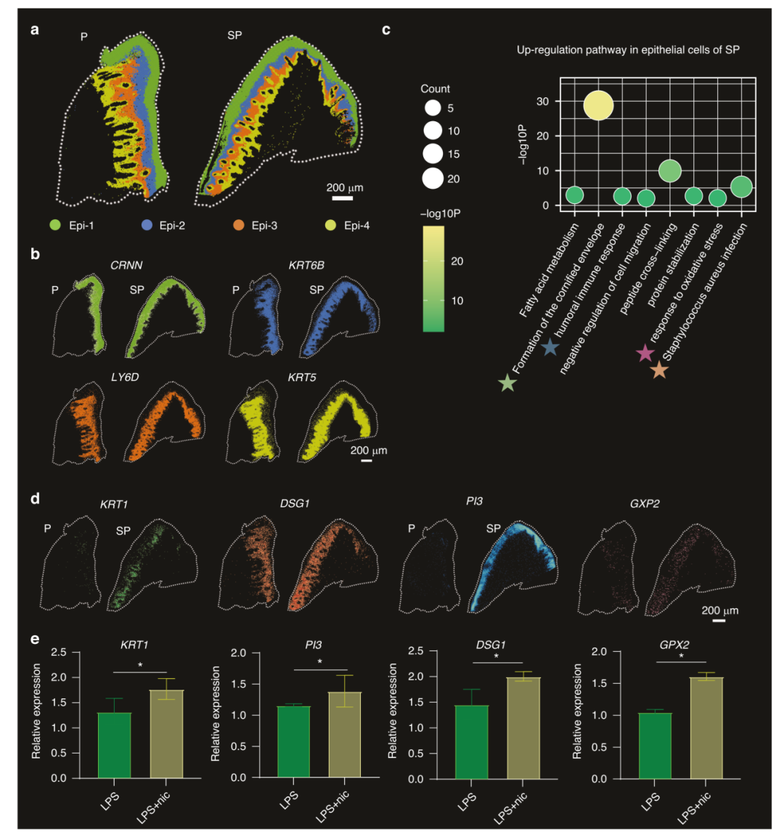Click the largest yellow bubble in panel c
[598, 106]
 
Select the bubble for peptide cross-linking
[669, 171]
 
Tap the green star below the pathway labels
[508, 383]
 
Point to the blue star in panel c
[550, 348]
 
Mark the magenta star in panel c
[645, 354]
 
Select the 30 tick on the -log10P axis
[545, 102]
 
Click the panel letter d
[35, 499]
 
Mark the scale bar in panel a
[342, 197]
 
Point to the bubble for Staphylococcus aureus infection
[740, 187]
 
